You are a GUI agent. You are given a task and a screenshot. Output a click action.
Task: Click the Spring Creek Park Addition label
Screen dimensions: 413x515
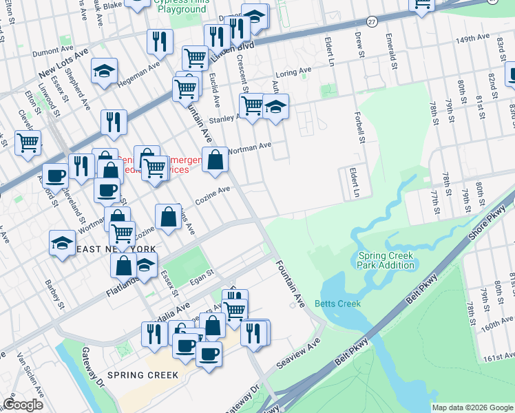tap(386, 260)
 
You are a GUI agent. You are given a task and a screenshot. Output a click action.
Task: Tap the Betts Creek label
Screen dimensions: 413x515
tap(337, 304)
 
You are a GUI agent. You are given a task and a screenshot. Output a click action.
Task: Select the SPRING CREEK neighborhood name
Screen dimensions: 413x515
tap(148, 375)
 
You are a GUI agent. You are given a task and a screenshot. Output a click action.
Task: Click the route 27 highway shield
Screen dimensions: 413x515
tap(371, 21)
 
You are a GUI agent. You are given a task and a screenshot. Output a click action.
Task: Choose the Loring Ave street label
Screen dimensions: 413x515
tap(294, 72)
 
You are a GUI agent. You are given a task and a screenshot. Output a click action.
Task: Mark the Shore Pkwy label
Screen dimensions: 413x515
tap(487, 224)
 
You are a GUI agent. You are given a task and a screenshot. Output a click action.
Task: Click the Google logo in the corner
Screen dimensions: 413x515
tap(23, 405)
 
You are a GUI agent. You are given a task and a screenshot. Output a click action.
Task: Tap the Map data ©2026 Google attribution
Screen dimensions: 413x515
tap(472, 407)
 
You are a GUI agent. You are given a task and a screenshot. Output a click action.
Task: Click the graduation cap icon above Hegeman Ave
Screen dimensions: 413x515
tap(104, 71)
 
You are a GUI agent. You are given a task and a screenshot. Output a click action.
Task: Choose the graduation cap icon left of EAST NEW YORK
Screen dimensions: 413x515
tap(63, 242)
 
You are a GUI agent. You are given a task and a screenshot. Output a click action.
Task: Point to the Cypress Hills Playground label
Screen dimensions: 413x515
tap(180, 7)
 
